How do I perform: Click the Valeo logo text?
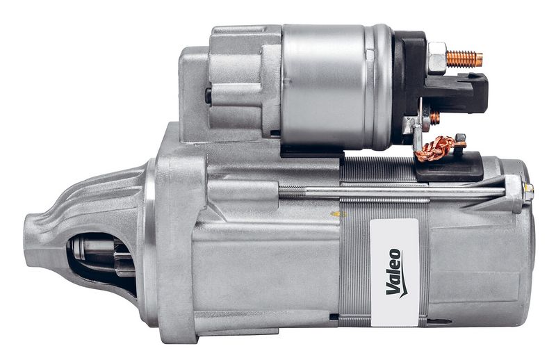click(393, 272)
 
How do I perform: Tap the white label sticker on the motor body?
click(395, 272)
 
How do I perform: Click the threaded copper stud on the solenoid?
click(464, 59)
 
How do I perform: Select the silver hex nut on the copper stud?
click(437, 58)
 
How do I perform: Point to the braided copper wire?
click(436, 148)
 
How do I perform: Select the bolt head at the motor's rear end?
click(528, 192)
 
